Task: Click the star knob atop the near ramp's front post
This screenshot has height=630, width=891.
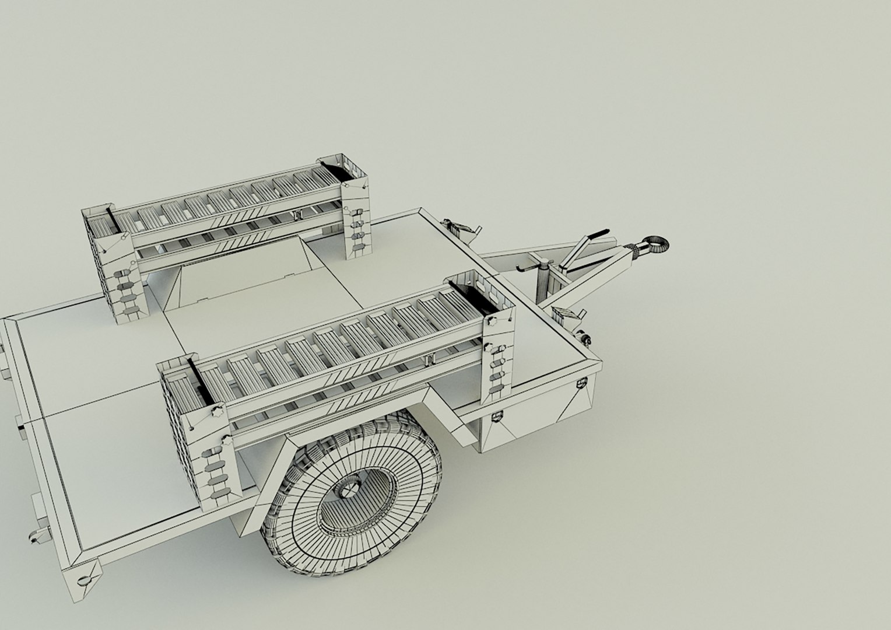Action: (x=489, y=323)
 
